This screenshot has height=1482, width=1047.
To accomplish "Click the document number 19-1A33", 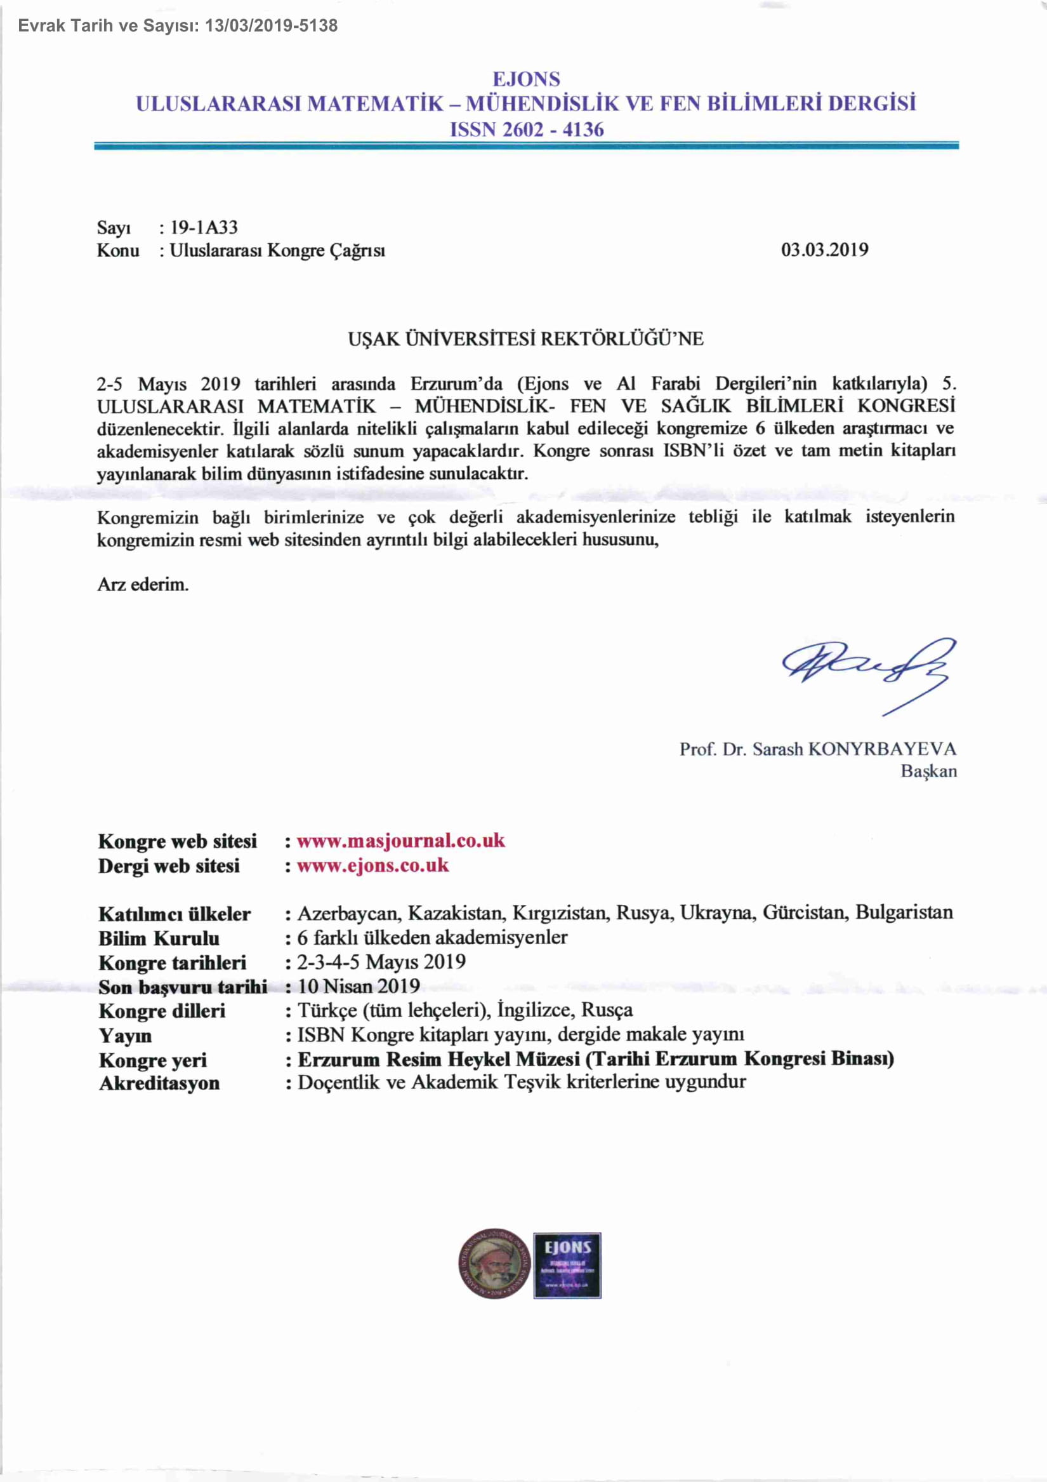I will (x=204, y=227).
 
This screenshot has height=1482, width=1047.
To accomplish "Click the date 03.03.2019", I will (x=824, y=250).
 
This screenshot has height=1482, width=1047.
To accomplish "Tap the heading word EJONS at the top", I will (x=526, y=79).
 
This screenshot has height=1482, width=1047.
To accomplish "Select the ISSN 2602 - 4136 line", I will (x=527, y=130).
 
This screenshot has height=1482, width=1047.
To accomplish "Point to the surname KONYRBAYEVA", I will (x=882, y=749).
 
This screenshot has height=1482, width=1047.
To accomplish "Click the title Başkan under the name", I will (x=928, y=771).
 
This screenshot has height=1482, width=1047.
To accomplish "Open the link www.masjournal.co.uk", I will (x=400, y=841).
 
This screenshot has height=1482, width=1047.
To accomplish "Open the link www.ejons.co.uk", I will (x=372, y=865).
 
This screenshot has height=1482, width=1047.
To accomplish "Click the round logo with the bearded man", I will (x=494, y=1263).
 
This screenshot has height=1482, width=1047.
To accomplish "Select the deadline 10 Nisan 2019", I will (x=359, y=985).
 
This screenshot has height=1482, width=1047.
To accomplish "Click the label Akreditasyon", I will (x=159, y=1083).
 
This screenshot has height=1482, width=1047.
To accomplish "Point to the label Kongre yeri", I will (x=153, y=1060).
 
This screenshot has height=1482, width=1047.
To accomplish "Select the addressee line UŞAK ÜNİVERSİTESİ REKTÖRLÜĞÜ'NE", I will (x=526, y=339).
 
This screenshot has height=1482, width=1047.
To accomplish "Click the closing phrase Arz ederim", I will (x=143, y=585).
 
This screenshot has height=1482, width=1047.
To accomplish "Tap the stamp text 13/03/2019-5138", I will (x=271, y=26).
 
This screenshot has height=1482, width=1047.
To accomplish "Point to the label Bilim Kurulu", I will (x=159, y=938).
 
